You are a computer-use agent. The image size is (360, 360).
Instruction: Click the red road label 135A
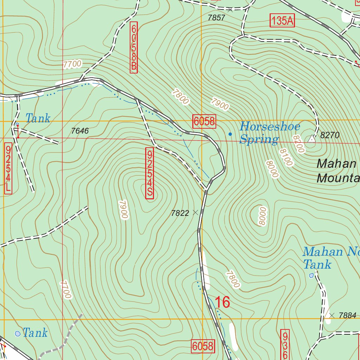[x=282, y=21]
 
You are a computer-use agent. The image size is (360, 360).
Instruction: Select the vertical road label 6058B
[x=133, y=47]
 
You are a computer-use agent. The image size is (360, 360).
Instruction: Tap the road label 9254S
[x=149, y=173]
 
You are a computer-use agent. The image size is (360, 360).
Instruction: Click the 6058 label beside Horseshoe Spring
[x=204, y=121]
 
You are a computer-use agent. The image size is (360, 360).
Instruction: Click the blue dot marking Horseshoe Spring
[x=230, y=134]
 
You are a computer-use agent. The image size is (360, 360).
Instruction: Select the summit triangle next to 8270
[x=311, y=139]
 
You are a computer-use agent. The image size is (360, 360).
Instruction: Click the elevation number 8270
[x=330, y=135]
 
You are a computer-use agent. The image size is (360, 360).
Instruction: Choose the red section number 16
[x=222, y=302]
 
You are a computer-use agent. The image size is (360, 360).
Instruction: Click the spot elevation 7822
[x=180, y=213]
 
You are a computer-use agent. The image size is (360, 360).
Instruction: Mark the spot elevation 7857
[x=216, y=18]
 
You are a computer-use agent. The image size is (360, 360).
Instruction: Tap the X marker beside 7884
[x=332, y=315]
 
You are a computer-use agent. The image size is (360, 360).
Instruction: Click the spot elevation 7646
[x=79, y=131]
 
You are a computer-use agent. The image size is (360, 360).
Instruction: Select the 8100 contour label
[x=285, y=157]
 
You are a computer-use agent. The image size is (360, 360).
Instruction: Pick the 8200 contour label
[x=298, y=144]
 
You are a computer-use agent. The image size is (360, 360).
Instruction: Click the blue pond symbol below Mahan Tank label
[x=311, y=276]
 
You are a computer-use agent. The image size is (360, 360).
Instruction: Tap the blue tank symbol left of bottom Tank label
[x=18, y=333]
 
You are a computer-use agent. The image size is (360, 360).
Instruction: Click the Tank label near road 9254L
[x=38, y=118]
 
